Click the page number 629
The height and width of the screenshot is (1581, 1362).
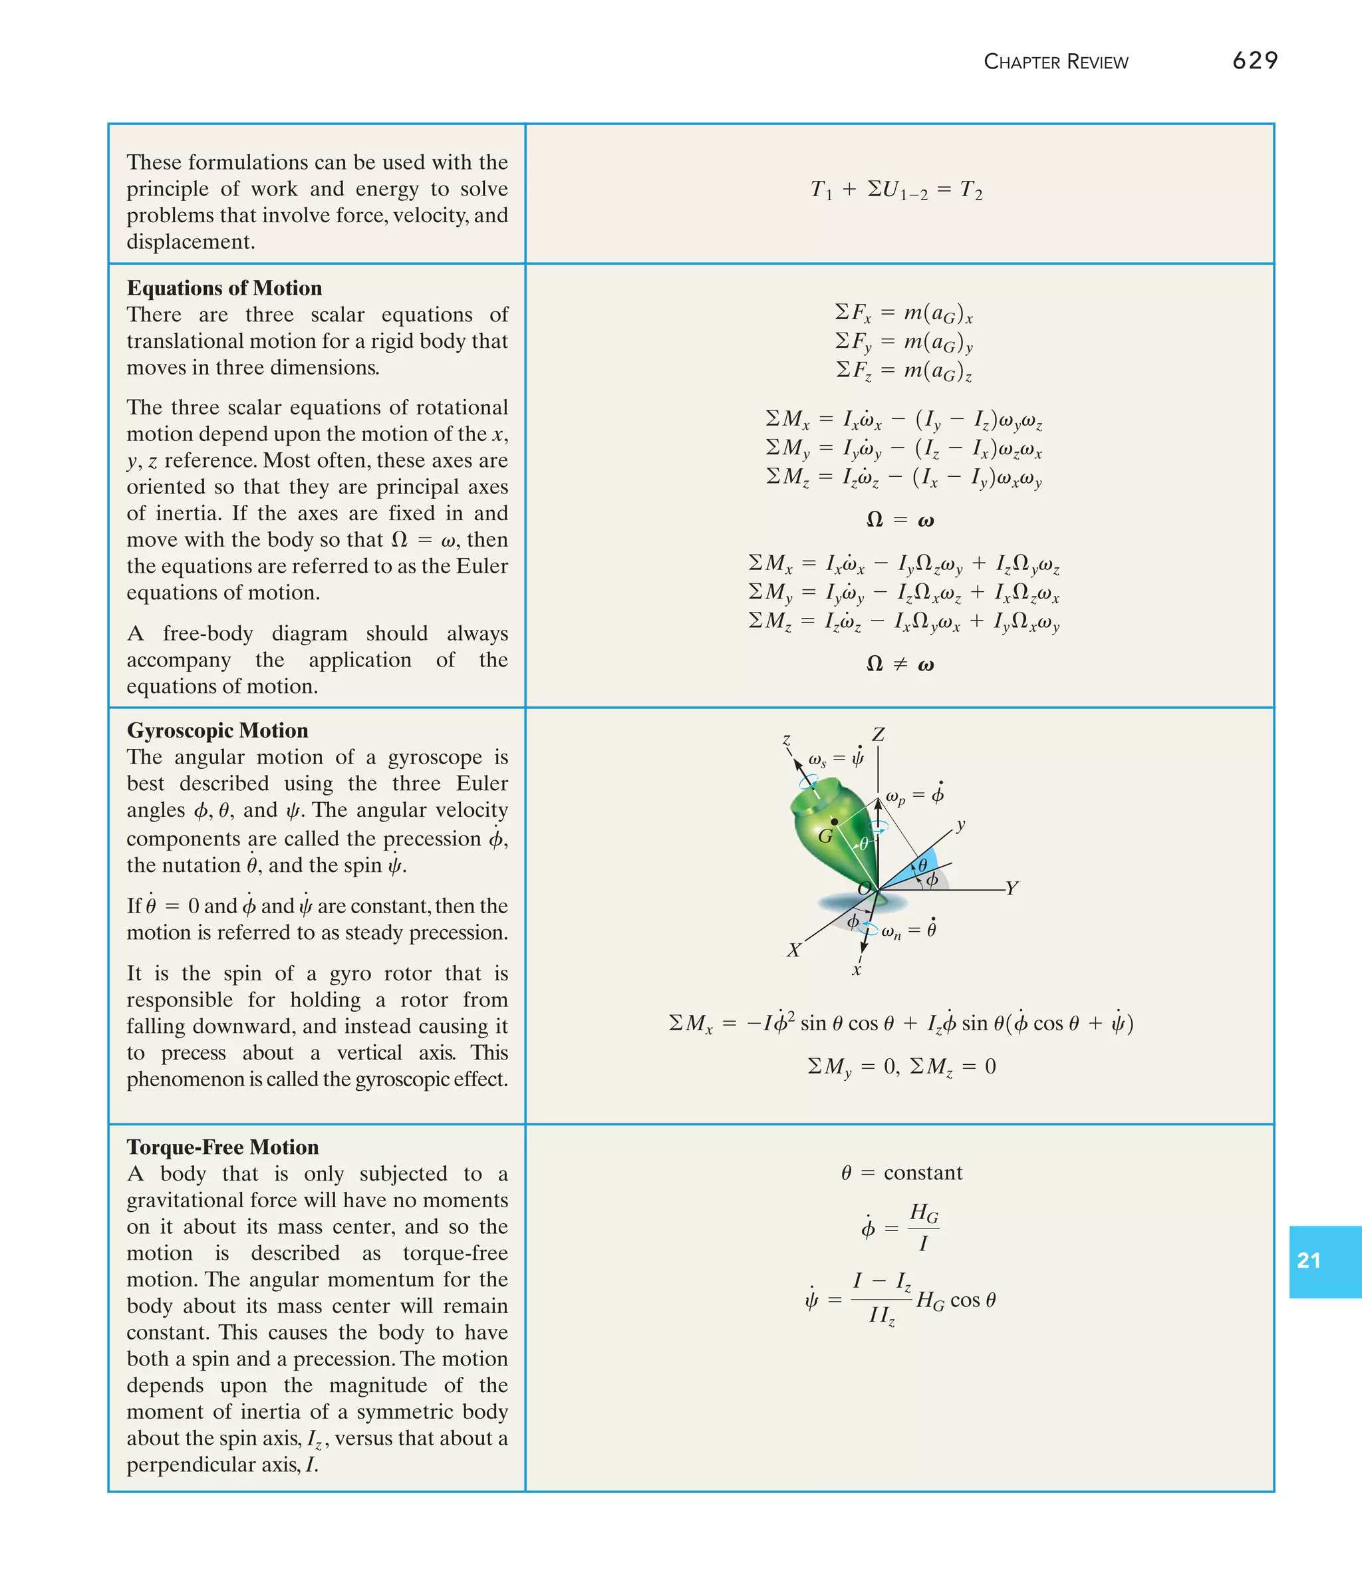click(x=1254, y=61)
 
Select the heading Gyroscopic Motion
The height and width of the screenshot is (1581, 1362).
click(x=217, y=730)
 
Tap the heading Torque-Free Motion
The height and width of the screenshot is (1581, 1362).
click(x=222, y=1147)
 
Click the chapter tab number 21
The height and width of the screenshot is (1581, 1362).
click(x=1309, y=1260)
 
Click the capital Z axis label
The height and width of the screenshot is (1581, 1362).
click(x=879, y=735)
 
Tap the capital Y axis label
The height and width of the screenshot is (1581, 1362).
click(x=1012, y=888)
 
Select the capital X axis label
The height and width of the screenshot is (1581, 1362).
click(x=794, y=950)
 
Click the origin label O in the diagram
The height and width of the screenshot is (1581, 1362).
click(x=865, y=888)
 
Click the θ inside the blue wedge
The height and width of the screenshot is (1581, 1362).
click(x=922, y=865)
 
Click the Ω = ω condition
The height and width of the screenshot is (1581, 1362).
click(x=900, y=520)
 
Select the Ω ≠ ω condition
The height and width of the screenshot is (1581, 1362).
click(x=900, y=664)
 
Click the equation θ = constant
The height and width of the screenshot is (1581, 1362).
click(x=901, y=1173)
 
